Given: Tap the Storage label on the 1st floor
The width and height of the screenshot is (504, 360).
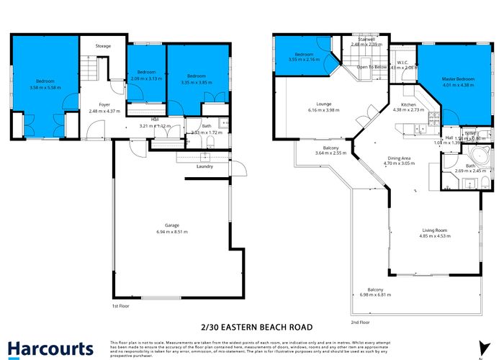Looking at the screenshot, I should point(103,46).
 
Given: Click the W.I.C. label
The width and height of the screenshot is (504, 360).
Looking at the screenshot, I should point(402,62).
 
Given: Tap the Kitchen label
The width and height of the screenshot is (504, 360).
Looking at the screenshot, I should point(408,105).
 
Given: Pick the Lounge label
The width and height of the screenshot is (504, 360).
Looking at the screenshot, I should point(323,104).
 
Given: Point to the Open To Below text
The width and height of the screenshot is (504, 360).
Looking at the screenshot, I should point(372,67).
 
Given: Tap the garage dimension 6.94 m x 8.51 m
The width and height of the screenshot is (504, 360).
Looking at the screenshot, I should point(171,232).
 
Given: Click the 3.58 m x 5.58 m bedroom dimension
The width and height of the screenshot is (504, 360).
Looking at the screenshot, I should point(46,88).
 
